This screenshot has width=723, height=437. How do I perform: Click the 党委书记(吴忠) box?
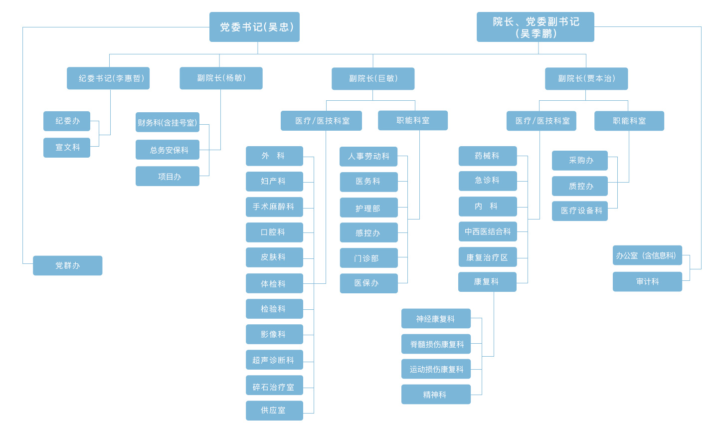point(254,27)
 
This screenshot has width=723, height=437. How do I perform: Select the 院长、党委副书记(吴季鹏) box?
point(535,27)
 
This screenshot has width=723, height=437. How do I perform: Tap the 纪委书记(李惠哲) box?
point(108,78)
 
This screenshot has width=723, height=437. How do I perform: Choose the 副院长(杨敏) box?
point(221,78)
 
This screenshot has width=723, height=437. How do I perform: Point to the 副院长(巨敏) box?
point(373,79)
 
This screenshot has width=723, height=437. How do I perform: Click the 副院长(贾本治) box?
point(586,79)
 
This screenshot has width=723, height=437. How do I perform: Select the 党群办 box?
point(67,265)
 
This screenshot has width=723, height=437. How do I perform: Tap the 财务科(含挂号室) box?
point(167,122)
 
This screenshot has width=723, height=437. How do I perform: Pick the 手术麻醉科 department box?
point(274,207)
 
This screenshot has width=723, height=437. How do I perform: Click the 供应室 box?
point(274,411)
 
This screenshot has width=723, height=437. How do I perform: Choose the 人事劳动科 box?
point(368,157)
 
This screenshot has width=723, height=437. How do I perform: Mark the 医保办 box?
point(368,283)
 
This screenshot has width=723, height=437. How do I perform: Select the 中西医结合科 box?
point(487,231)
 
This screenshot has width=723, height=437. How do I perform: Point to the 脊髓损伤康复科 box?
point(436,344)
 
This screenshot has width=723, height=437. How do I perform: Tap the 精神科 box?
point(436,395)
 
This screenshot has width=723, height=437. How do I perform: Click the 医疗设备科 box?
point(580,211)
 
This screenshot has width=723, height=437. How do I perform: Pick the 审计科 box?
point(647,282)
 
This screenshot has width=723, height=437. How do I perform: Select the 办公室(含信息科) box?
point(647,255)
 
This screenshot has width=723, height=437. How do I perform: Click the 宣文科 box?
point(67,148)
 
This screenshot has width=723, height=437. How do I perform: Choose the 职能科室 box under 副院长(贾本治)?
point(629,121)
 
